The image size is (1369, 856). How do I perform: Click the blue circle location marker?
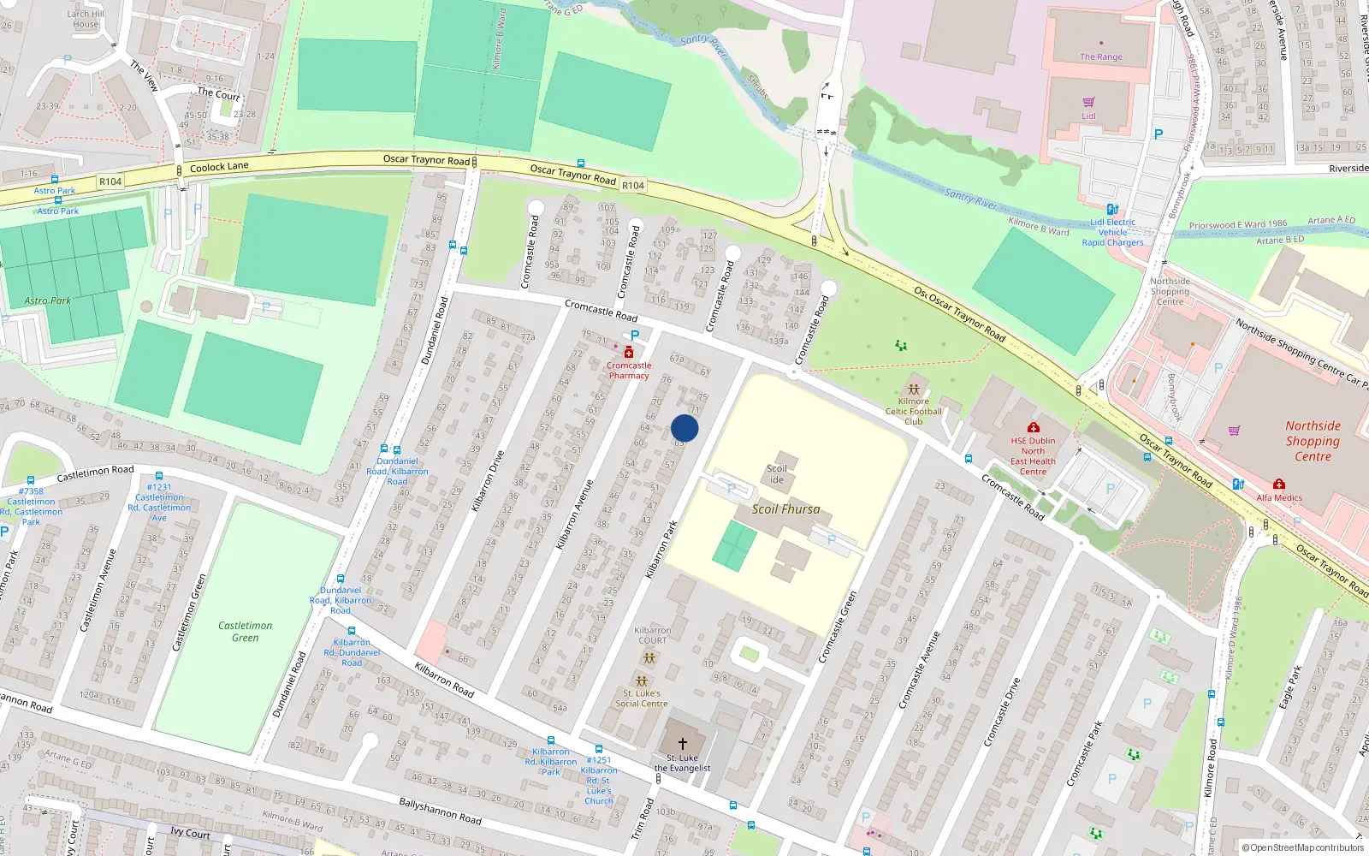684,428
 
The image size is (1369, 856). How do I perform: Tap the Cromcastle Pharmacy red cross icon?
629,353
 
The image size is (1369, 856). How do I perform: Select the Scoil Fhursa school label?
785,509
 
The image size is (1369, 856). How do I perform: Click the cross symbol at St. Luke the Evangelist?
683,743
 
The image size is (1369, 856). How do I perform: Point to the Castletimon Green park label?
245,632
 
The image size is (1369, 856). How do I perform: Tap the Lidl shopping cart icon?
1088,103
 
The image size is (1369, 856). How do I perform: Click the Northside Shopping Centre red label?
1313,441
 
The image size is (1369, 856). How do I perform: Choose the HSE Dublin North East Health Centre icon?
1033,427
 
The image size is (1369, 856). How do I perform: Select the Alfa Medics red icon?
1278,484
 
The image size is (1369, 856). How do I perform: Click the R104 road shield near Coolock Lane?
110,181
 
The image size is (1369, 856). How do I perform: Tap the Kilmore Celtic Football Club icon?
913,389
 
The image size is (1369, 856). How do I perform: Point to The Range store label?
1100,57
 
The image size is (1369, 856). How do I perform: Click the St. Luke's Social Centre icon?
641,681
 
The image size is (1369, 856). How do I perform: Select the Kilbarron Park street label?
661,549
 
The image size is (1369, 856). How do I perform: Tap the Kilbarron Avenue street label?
574,514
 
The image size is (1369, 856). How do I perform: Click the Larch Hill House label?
86,19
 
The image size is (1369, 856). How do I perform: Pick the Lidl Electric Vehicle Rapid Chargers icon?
1111,209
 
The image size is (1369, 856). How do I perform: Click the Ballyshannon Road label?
440,811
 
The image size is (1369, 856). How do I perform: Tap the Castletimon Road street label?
95,473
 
